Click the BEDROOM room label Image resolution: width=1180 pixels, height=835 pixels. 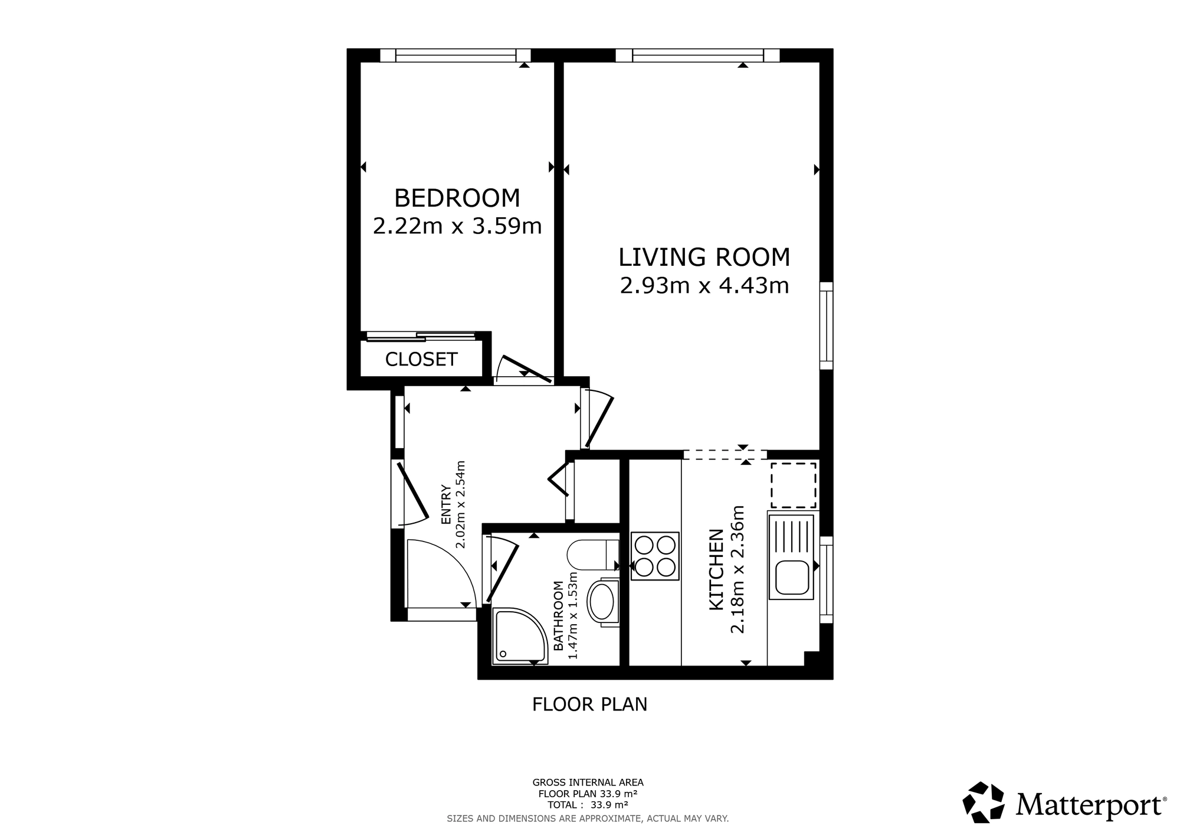[x=457, y=198]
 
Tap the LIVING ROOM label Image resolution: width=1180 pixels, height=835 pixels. [x=704, y=257]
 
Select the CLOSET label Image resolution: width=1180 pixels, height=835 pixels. [x=421, y=359]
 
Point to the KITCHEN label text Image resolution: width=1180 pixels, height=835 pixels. [x=716, y=570]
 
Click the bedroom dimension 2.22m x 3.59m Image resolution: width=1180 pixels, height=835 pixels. [x=457, y=226]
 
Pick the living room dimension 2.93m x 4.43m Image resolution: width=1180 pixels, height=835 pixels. [x=704, y=286]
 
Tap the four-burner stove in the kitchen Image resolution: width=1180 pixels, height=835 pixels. [x=655, y=556]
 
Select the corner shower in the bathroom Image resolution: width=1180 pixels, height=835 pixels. [x=520, y=636]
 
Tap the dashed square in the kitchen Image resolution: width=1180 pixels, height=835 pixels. [x=794, y=485]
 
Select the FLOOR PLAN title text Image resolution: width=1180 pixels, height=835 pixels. [x=590, y=704]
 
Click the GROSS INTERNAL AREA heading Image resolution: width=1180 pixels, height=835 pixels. [x=588, y=782]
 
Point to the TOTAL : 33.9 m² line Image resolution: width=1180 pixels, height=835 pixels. [x=588, y=804]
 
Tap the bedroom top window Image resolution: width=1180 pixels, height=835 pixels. [x=455, y=56]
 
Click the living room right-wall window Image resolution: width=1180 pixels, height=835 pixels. [x=827, y=326]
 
